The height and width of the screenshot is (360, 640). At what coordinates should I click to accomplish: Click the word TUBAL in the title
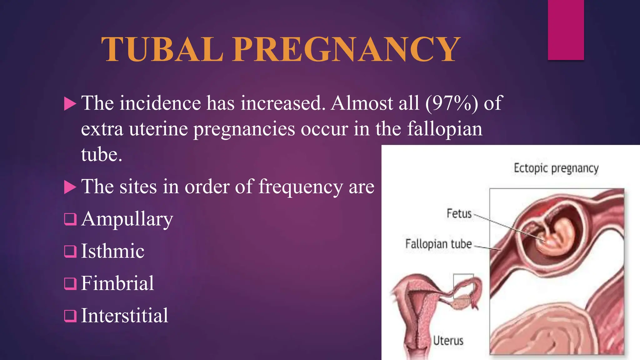point(162,49)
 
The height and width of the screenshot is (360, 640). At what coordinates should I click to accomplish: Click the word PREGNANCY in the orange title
point(350,49)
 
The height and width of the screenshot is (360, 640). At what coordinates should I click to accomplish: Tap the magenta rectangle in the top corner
point(566,30)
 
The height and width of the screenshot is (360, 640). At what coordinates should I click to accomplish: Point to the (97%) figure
point(452,103)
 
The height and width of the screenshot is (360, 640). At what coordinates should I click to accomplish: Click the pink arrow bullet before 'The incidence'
point(70,104)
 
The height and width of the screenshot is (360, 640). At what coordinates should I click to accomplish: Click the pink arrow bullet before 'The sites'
point(70,187)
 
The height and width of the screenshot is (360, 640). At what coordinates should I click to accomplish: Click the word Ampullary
point(127,219)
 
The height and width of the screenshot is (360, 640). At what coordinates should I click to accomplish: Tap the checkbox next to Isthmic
point(70,251)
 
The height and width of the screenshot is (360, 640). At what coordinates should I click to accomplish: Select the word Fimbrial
point(117,283)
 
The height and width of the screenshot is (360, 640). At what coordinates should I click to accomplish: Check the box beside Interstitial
point(70,316)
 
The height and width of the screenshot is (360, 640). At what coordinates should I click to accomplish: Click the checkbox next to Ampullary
point(70,219)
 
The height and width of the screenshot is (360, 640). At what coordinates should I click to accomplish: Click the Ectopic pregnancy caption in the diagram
point(556,168)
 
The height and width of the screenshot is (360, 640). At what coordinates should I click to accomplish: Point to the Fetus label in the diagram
point(459,214)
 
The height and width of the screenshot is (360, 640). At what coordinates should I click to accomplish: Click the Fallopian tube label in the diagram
point(438,244)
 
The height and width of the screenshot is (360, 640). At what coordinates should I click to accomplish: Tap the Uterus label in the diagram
point(448,340)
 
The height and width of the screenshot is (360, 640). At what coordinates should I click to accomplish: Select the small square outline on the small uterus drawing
point(463,286)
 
